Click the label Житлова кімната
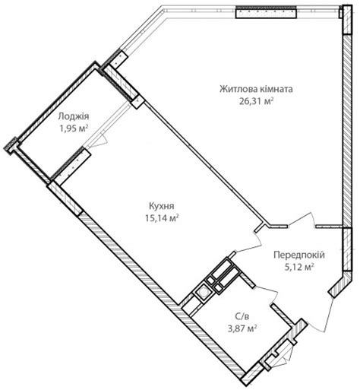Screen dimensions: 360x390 point(256,90)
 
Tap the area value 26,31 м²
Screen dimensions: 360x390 point(256,102)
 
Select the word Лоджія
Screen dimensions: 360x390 point(74,116)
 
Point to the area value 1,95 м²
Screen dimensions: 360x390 point(74,128)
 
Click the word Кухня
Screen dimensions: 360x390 point(162,206)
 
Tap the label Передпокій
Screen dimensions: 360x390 point(299,255)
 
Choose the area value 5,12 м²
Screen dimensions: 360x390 point(299,267)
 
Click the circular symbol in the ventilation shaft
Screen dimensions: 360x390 point(204,293)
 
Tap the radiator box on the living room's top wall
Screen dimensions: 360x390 point(266,12)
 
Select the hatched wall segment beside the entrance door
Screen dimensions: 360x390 point(340,284)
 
